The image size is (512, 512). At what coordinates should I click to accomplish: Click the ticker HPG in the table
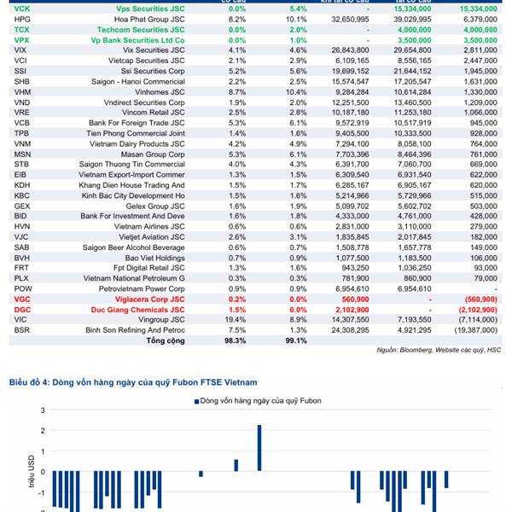tap(23, 18)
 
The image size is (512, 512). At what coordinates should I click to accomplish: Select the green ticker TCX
tap(22, 29)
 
